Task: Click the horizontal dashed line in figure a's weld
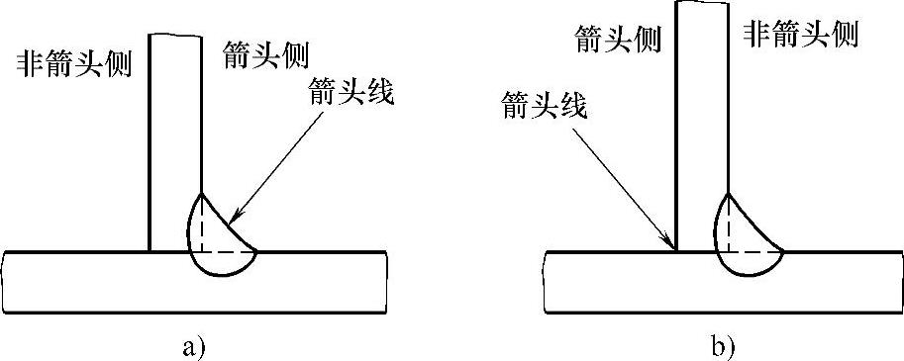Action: click(228, 250)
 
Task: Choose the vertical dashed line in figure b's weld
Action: click(730, 223)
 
